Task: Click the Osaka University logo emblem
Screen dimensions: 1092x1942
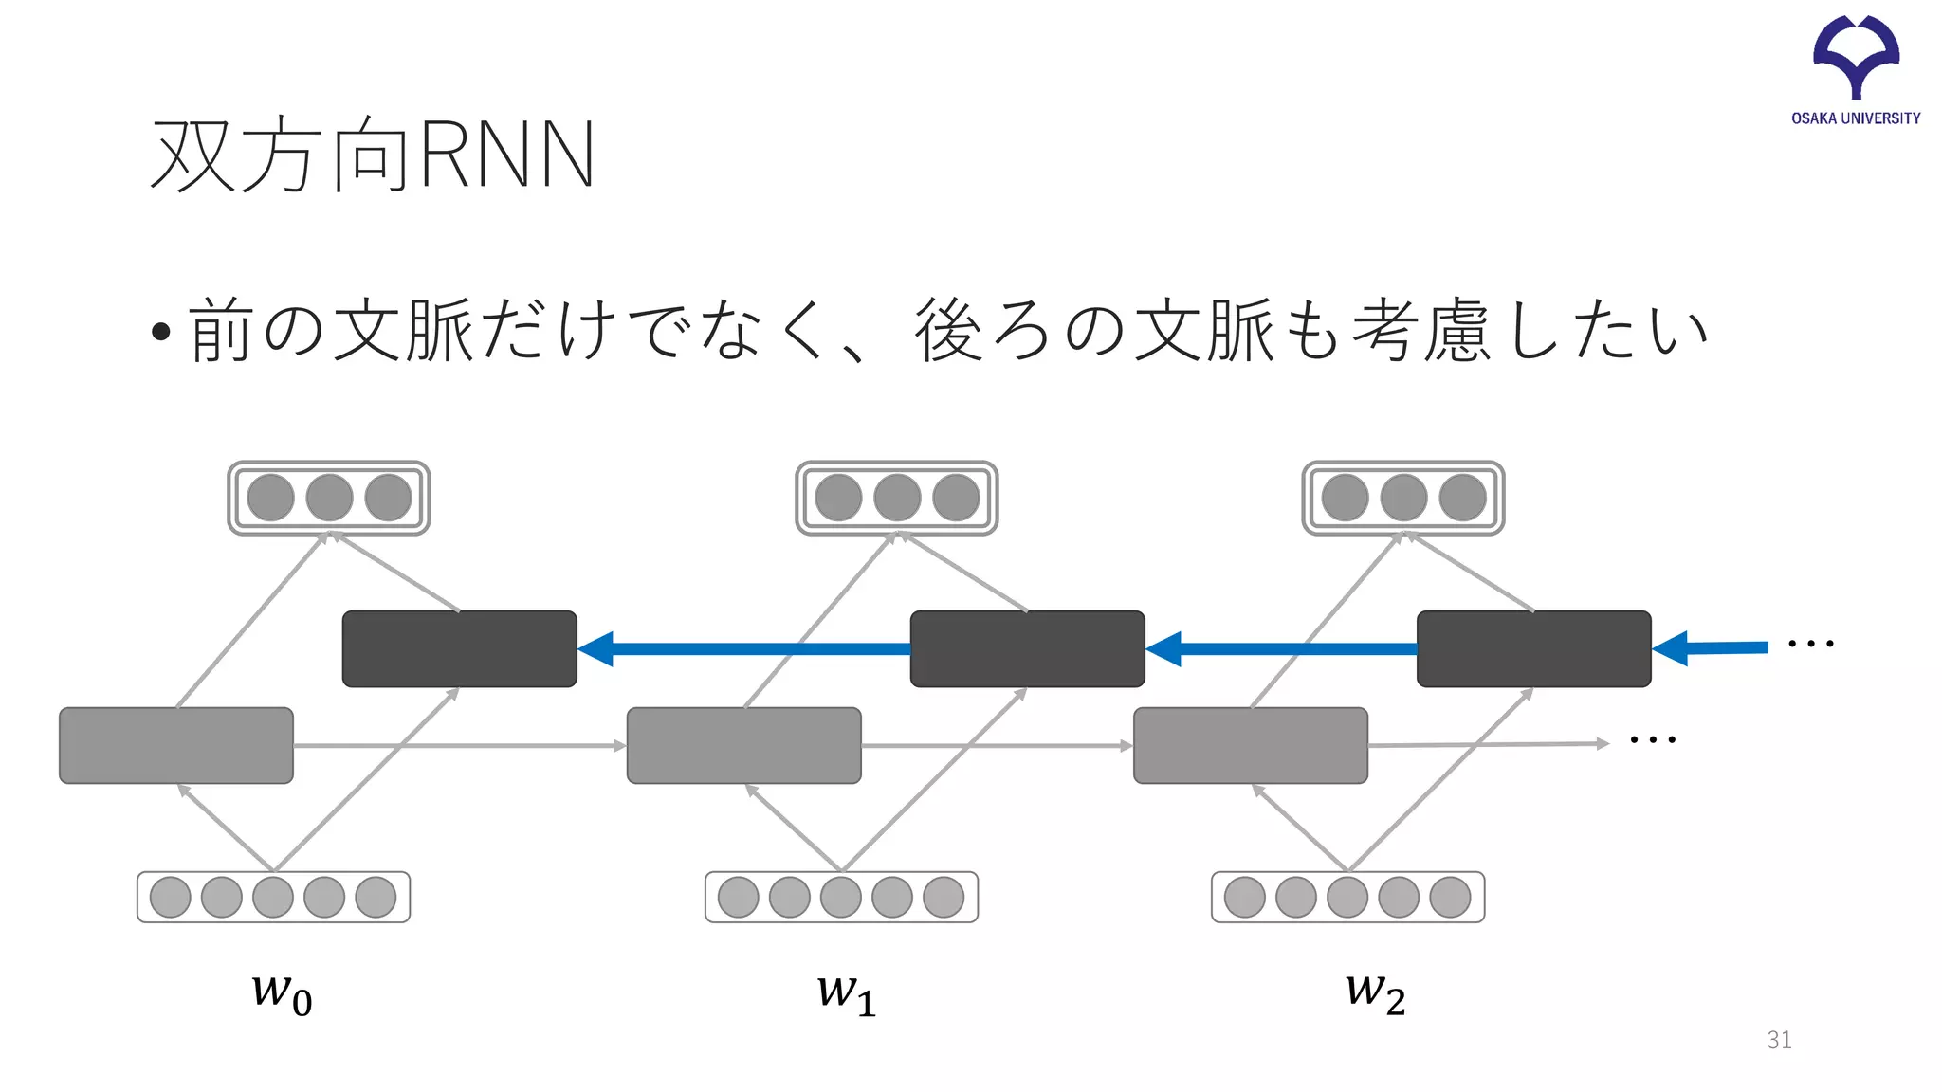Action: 1856,55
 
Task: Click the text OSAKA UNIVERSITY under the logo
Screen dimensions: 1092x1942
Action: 1856,118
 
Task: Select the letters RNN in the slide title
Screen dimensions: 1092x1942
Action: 506,155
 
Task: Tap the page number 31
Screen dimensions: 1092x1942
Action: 1779,1040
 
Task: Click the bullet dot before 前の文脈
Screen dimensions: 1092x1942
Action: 160,332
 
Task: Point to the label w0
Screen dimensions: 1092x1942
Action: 282,992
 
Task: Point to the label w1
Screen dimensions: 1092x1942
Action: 846,992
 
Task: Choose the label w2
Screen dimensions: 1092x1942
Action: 1375,992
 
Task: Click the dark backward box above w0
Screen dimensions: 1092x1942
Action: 459,648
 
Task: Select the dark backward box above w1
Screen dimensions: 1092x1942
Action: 1027,648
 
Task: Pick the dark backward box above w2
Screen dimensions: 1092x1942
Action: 1533,648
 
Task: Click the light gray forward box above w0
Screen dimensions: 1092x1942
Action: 176,745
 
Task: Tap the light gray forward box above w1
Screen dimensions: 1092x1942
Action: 743,745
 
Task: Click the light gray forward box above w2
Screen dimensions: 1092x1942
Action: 1250,745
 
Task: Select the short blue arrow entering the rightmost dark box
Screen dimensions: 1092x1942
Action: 1712,648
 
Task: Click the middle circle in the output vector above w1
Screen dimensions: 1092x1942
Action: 897,498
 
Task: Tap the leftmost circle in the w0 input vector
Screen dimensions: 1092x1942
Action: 171,897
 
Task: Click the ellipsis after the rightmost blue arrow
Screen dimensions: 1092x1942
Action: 1810,644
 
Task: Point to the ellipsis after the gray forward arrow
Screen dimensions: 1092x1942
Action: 1653,739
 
